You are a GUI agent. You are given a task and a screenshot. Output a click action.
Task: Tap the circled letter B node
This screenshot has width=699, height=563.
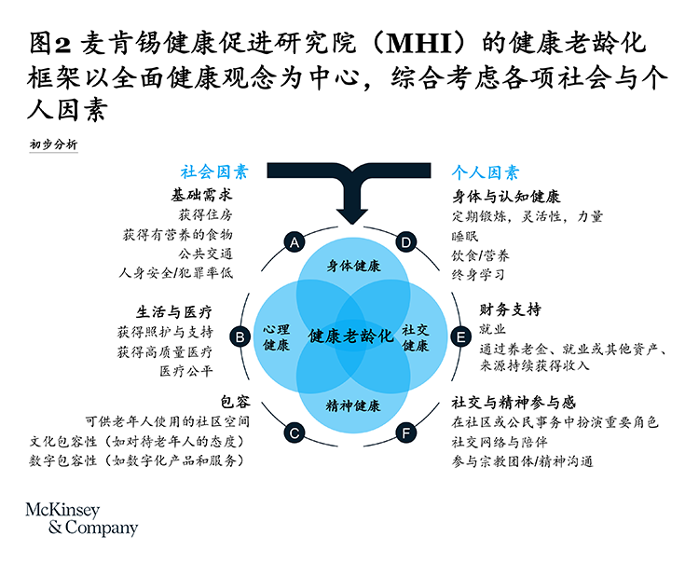[x=240, y=336]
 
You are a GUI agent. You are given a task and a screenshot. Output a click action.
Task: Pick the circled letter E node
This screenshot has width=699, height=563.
[x=459, y=336]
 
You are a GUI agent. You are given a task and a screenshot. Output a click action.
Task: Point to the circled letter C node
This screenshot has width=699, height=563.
[x=295, y=433]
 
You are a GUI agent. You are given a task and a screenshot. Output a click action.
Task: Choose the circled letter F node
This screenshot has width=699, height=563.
[x=406, y=433]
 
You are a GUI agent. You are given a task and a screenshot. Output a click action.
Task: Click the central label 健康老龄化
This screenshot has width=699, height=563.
[x=350, y=336]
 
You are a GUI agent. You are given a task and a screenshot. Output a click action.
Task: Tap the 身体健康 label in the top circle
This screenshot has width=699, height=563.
[x=353, y=266]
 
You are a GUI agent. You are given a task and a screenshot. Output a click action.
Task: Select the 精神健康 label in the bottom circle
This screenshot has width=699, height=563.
[x=353, y=405]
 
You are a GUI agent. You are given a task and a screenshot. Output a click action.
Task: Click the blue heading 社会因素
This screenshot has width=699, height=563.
[x=214, y=172]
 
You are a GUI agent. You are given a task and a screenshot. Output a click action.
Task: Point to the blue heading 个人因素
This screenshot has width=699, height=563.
[x=486, y=172]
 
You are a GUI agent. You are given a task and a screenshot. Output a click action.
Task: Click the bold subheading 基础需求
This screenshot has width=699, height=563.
[x=200, y=197]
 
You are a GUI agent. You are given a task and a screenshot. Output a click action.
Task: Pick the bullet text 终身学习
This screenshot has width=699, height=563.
[x=479, y=274]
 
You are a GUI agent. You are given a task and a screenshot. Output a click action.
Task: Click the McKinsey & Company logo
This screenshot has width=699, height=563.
[x=80, y=518]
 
